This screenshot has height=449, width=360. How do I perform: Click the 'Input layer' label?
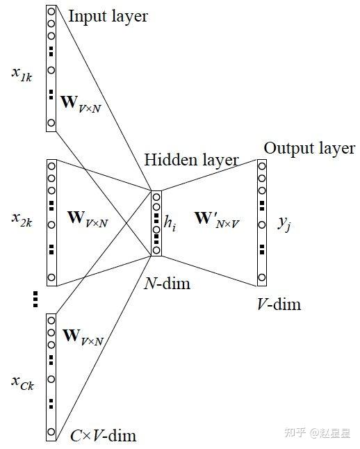[x=108, y=16]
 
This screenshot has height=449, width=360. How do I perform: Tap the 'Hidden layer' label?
[x=191, y=161]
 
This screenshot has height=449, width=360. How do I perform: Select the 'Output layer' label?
[x=309, y=148]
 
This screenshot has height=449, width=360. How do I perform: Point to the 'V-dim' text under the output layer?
[x=278, y=303]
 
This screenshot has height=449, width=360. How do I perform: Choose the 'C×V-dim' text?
[x=104, y=436]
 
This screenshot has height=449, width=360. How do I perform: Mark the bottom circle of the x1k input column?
[x=51, y=123]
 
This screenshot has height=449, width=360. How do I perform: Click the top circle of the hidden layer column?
[x=156, y=197]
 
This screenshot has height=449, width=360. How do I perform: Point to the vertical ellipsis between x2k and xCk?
[x=35, y=299]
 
